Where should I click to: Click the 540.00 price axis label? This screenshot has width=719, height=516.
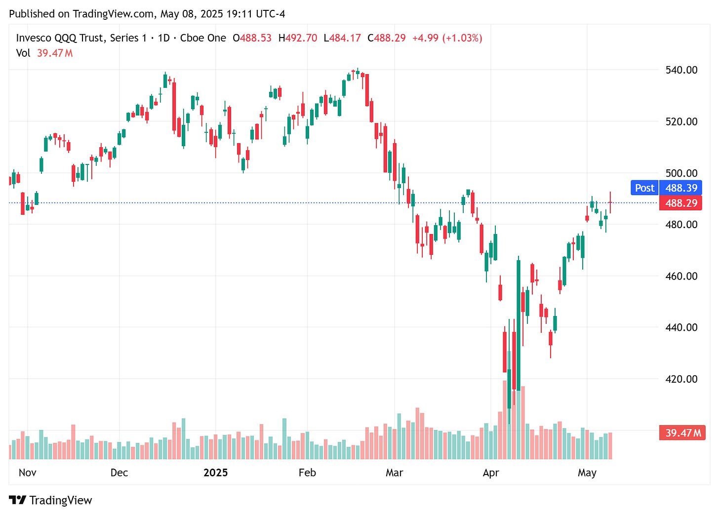point(681,70)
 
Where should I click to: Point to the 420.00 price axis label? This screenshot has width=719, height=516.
point(681,379)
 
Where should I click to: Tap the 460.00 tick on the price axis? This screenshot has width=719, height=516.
point(681,276)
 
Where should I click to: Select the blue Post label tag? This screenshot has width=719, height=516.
point(644,188)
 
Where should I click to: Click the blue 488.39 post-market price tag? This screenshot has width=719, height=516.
point(681,188)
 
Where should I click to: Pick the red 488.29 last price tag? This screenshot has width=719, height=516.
point(681,203)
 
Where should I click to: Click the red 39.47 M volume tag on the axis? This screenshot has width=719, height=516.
point(682,433)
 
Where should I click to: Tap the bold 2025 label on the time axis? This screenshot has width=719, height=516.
point(215,473)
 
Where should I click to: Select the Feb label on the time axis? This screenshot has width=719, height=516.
point(307,473)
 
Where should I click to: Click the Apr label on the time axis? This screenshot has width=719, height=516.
point(490,473)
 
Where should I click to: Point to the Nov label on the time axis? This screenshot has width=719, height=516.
point(27,473)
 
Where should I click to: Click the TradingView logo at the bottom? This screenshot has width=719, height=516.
point(51,500)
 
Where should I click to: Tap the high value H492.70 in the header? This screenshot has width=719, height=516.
point(297,38)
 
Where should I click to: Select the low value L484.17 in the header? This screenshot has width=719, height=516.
point(342,38)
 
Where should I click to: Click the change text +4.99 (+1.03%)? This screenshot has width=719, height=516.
point(447,38)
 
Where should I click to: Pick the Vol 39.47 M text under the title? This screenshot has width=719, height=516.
point(44,53)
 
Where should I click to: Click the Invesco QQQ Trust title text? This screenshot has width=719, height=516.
point(81,38)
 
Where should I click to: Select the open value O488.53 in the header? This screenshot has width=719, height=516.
point(252,38)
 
